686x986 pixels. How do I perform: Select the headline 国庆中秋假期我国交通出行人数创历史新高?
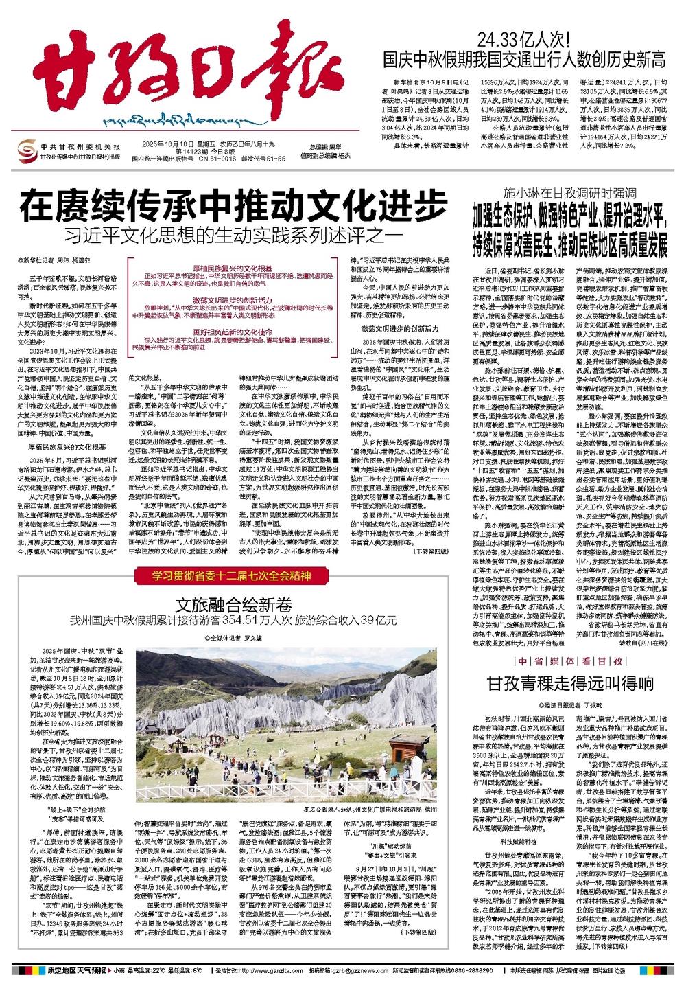pyautogui.click(x=524, y=59)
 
